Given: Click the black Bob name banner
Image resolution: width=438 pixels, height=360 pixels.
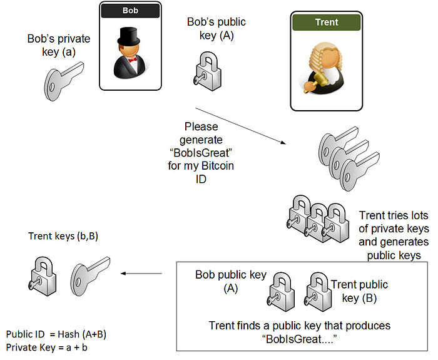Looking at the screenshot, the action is (130, 11).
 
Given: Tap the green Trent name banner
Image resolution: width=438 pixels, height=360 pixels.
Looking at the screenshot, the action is (327, 22).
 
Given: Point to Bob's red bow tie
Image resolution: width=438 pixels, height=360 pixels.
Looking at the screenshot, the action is (133, 59).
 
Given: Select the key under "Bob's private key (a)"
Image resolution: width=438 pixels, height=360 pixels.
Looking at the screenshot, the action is (64, 81).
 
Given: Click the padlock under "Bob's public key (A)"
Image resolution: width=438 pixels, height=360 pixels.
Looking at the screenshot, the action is (208, 71).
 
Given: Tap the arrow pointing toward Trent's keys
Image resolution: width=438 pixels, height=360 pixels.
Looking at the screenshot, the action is (240, 126).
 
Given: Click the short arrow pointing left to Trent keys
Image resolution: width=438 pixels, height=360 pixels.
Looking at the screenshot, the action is (141, 274).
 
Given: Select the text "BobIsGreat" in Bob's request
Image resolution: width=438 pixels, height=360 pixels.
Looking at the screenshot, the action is (201, 153).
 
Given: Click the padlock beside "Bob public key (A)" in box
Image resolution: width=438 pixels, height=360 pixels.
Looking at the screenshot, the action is (280, 292).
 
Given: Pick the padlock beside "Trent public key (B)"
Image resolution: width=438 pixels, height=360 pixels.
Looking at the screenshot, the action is (318, 292).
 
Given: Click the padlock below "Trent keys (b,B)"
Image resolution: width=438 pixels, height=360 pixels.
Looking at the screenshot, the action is (43, 276).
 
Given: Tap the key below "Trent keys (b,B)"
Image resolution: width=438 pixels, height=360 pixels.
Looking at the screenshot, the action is (90, 276).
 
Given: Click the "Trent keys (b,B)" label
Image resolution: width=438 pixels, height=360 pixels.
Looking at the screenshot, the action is (63, 236).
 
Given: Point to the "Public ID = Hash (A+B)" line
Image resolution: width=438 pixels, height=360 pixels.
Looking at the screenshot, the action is (56, 334).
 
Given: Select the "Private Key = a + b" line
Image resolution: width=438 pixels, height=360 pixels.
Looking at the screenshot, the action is (47, 347).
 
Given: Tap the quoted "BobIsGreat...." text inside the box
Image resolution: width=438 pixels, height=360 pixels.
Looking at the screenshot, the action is (300, 339).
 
